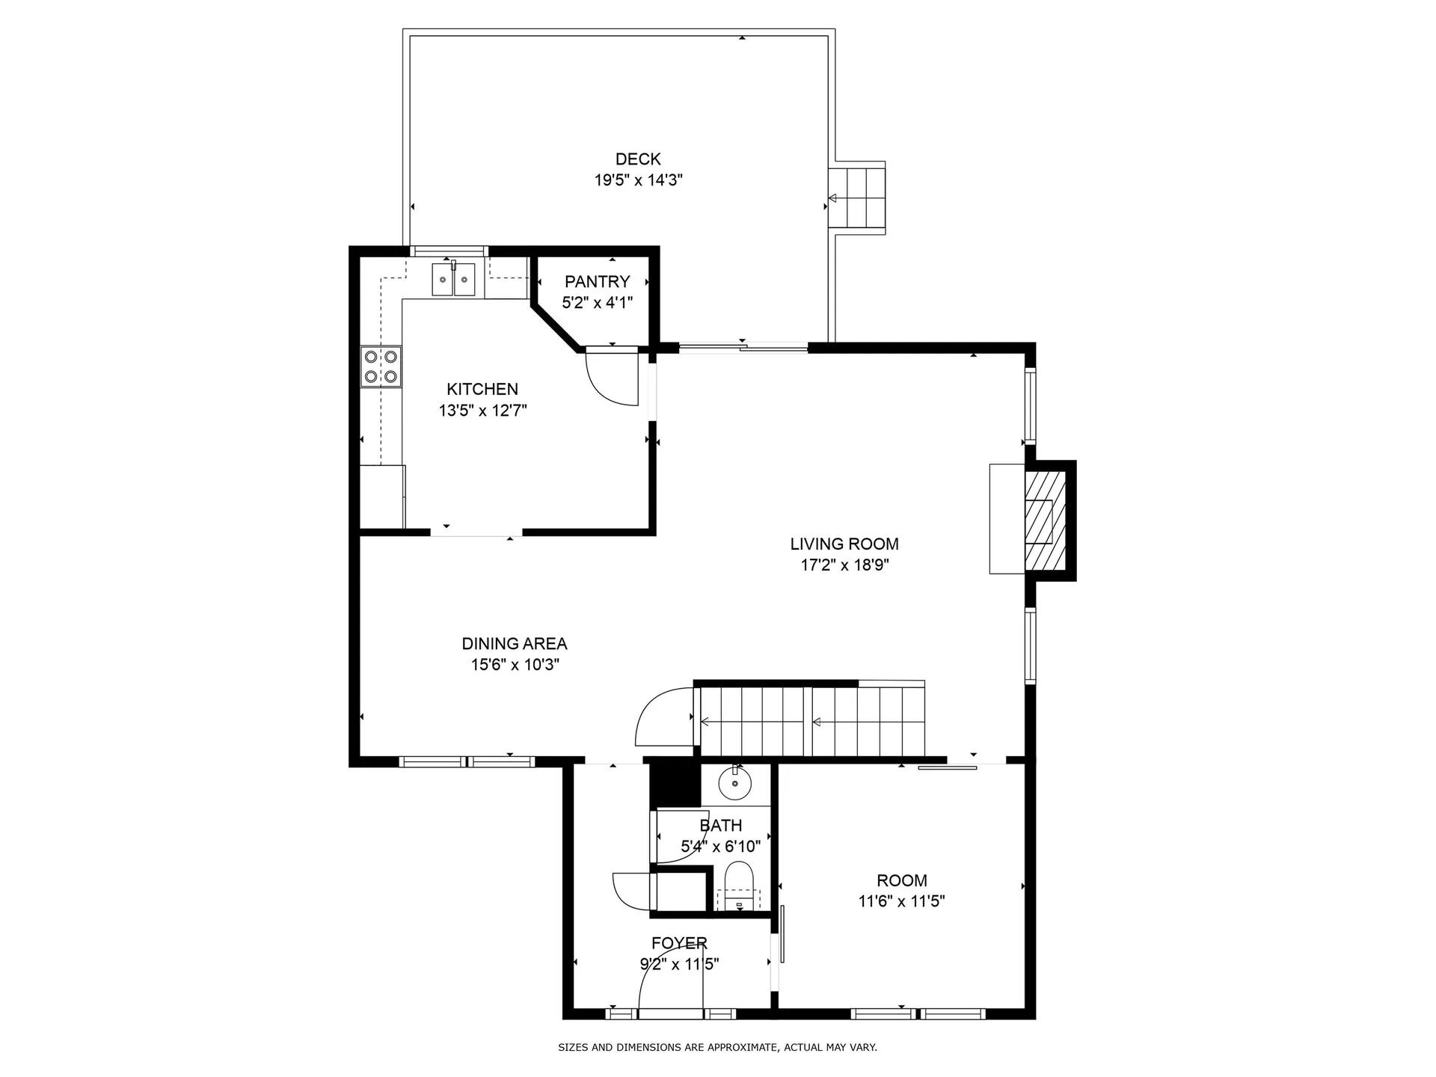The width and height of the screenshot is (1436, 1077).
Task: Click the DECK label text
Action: pyautogui.click(x=638, y=159)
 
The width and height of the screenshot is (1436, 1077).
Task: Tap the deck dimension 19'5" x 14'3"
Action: pyautogui.click(x=638, y=180)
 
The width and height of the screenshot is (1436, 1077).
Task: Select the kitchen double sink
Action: pyautogui.click(x=453, y=280)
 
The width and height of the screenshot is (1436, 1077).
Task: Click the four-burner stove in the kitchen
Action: pyautogui.click(x=381, y=366)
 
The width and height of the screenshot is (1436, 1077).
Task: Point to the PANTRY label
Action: pyautogui.click(x=597, y=281)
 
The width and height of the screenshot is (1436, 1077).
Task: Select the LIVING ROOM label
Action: pyautogui.click(x=844, y=544)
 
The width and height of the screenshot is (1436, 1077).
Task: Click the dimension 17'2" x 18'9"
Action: pyautogui.click(x=844, y=565)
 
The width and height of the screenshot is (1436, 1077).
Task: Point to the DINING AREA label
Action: pyautogui.click(x=514, y=643)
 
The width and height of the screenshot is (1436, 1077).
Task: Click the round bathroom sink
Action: pyautogui.click(x=734, y=784)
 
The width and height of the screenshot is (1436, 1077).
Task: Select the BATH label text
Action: pyautogui.click(x=720, y=826)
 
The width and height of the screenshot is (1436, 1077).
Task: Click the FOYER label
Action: pyautogui.click(x=679, y=943)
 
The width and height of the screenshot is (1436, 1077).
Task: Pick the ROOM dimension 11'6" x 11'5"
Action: pyautogui.click(x=901, y=902)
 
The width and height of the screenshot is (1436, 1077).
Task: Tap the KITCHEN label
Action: pyautogui.click(x=482, y=389)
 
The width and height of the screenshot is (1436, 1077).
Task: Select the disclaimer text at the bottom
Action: pyautogui.click(x=717, y=1048)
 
